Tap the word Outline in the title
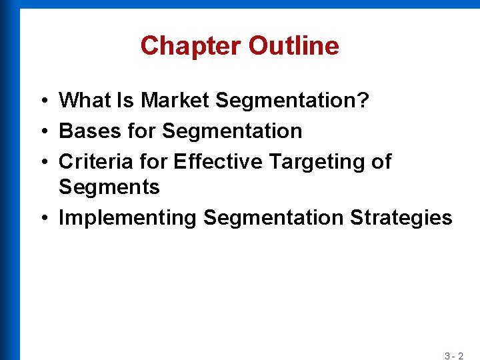pos(293,46)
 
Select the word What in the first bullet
pos(83,101)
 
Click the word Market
pos(176,101)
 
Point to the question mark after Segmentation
pos(363,101)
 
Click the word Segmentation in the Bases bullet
pos(232,131)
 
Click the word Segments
pos(109,187)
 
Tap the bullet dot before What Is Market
pos(42,101)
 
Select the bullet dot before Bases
pos(42,131)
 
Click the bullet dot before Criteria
pos(42,162)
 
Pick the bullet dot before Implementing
pos(42,219)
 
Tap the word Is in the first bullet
pos(124,101)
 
